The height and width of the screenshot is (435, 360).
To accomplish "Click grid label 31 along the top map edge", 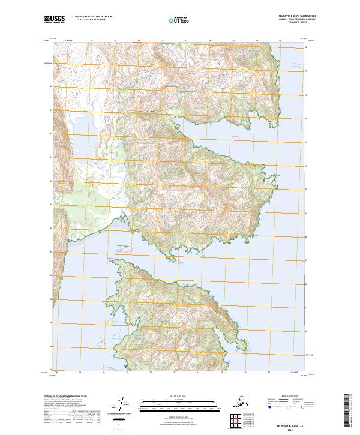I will pyautogui.click(x=139, y=41).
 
